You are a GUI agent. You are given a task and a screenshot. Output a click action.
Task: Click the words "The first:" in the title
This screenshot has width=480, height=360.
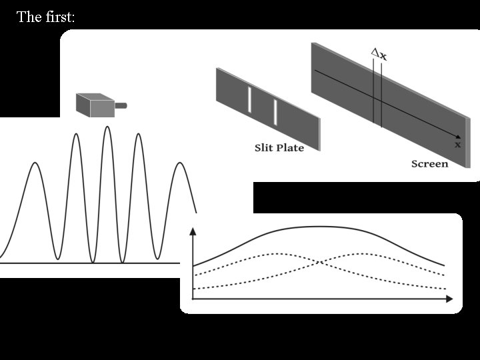45,17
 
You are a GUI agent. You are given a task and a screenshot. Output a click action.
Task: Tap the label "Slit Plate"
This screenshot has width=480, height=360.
279,147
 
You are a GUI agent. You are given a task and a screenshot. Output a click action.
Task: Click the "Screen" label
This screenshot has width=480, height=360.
429,163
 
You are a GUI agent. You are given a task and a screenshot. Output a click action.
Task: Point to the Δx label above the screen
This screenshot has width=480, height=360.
379,55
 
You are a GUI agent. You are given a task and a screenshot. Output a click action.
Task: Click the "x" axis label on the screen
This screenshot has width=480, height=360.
457,143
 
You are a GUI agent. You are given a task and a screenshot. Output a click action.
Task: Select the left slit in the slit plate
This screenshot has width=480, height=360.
250,100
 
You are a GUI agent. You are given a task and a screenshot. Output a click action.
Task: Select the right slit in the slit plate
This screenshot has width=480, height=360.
275,111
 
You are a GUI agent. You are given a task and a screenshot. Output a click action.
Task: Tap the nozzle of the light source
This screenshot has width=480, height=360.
121,105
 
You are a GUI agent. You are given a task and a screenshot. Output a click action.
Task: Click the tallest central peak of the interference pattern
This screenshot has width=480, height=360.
107,127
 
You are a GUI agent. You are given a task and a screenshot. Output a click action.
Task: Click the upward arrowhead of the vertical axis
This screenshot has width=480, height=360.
193,231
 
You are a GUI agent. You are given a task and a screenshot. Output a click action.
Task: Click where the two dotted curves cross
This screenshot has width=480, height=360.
320,262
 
